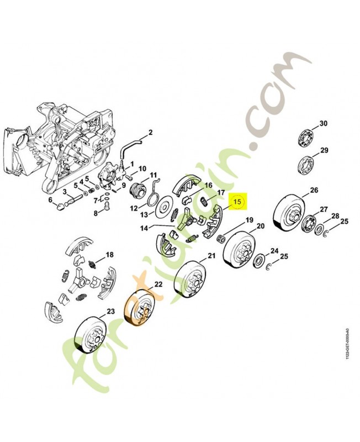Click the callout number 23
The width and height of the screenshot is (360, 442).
[x=110, y=312]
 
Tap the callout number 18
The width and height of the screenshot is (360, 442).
[x=109, y=255]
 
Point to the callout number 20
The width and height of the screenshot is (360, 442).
[x=260, y=225]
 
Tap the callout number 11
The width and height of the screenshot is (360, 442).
[x=153, y=175]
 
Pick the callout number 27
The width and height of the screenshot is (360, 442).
[x=324, y=209]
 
